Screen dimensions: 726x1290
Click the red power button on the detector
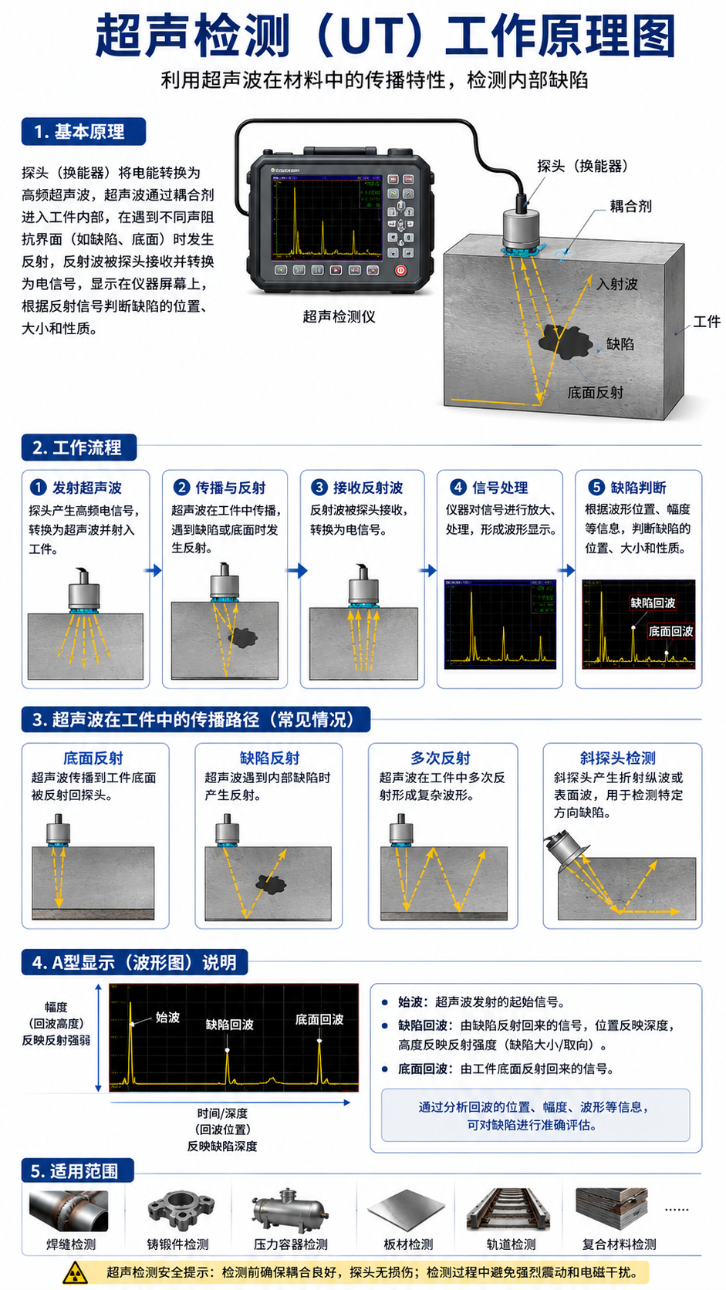click(x=400, y=270)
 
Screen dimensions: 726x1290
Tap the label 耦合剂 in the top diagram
click(x=630, y=206)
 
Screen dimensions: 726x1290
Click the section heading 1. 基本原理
click(x=83, y=132)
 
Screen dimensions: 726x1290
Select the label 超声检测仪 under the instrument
click(x=339, y=316)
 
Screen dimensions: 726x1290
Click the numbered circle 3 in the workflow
click(x=319, y=487)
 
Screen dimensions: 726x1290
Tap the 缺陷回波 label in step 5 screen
click(x=653, y=603)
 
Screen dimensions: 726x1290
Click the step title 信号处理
click(x=500, y=488)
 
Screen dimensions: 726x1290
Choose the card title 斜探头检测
click(x=618, y=758)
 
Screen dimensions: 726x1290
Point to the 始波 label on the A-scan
click(x=167, y=1017)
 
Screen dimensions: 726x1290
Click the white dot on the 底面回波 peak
click(x=319, y=1041)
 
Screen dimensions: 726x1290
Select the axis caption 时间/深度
click(x=222, y=1113)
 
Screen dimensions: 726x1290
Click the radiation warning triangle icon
click(x=75, y=1272)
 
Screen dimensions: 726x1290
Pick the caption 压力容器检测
click(x=291, y=1244)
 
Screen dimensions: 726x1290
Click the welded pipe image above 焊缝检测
click(x=69, y=1211)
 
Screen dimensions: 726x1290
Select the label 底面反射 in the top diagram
click(x=596, y=393)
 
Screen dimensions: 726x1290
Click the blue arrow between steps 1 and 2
click(x=154, y=570)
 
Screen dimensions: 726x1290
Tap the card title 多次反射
click(x=441, y=758)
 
